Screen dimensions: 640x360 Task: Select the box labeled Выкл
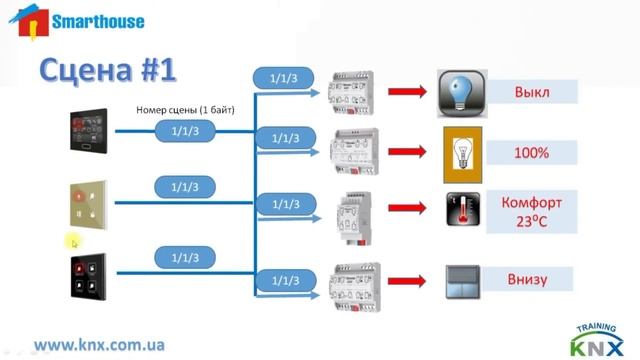[532, 92]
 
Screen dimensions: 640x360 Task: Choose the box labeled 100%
[532, 153]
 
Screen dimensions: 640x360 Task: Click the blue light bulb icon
[461, 93]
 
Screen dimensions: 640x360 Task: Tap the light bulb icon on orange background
[463, 152]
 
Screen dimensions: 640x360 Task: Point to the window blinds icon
[462, 280]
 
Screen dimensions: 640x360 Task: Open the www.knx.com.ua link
[99, 343]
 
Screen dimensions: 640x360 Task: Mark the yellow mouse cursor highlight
[73, 241]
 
